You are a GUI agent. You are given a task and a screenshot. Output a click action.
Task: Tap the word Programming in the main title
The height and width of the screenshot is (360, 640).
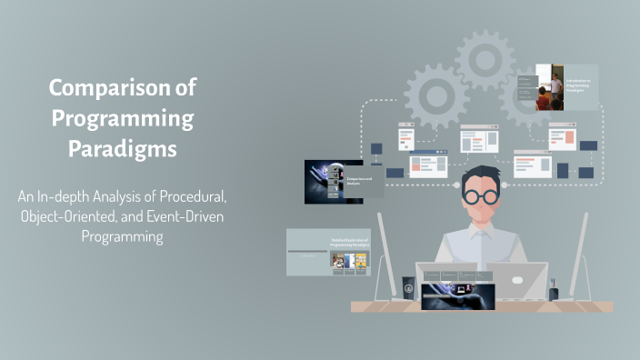click(123, 118)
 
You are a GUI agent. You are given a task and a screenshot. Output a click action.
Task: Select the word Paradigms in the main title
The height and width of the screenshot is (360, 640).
click(123, 148)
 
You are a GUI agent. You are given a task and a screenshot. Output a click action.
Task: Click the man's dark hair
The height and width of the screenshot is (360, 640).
click(480, 175)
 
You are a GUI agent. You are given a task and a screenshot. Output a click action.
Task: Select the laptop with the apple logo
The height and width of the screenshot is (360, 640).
click(516, 280)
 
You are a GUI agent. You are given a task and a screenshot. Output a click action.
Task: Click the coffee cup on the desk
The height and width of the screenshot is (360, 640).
click(408, 286)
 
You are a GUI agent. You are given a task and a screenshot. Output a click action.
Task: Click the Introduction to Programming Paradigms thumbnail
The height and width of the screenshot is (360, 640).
click(566, 87)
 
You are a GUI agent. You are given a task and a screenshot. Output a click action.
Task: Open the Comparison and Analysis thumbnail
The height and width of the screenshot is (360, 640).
click(345, 180)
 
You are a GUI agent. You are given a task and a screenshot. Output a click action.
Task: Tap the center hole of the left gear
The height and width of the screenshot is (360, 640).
click(435, 94)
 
